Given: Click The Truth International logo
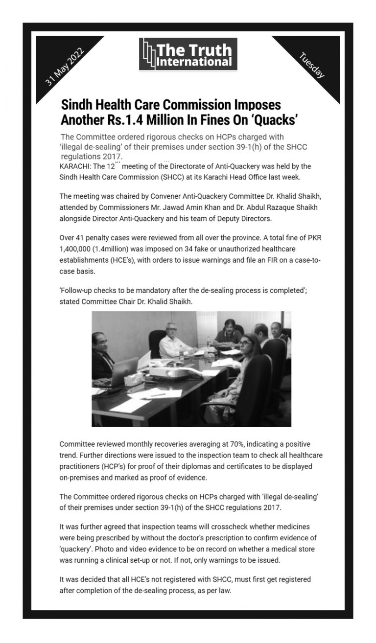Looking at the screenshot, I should point(188,54).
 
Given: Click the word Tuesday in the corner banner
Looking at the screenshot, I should point(311,65).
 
